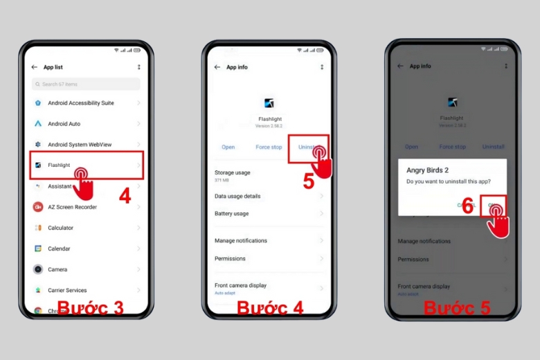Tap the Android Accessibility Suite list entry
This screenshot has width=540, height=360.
pyautogui.click(x=80, y=103)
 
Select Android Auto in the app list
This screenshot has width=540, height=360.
pyautogui.click(x=64, y=124)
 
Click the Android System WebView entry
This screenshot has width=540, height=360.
pyautogui.click(x=80, y=145)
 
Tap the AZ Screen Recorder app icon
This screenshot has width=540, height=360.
pyautogui.click(x=38, y=207)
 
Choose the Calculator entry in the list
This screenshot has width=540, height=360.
pyautogui.click(x=60, y=228)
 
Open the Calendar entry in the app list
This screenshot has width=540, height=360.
pyautogui.click(x=59, y=249)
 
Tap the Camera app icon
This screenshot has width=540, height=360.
pyautogui.click(x=38, y=269)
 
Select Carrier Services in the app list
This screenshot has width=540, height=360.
pyautogui.click(x=67, y=290)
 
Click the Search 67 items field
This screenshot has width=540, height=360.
pyautogui.click(x=86, y=84)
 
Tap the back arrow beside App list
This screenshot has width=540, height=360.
pyautogui.click(x=35, y=67)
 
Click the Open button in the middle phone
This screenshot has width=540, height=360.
pyautogui.click(x=228, y=147)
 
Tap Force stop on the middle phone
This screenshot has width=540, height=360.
pyautogui.click(x=269, y=147)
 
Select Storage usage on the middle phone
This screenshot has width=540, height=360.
pyautogui.click(x=233, y=172)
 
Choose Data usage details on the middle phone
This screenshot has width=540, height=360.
pyautogui.click(x=237, y=196)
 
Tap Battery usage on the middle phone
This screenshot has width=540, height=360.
pyautogui.click(x=231, y=214)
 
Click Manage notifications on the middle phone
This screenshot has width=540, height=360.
pyautogui.click(x=240, y=240)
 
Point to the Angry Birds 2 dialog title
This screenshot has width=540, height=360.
pyautogui.click(x=428, y=170)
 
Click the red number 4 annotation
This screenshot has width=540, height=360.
pyautogui.click(x=125, y=196)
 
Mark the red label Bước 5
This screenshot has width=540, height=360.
pyautogui.click(x=457, y=307)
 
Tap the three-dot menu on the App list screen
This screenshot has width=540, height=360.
pyautogui.click(x=138, y=67)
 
